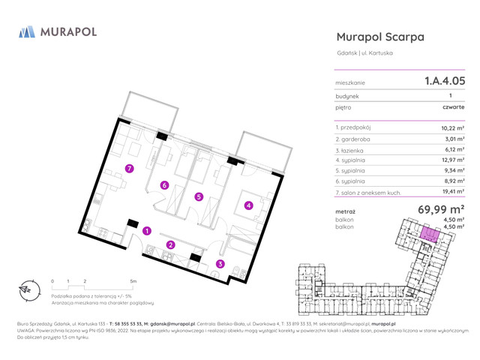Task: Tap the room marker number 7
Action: click(130, 169)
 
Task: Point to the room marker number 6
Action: click(164, 185)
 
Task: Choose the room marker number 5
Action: click(198, 197)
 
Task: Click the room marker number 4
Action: click(248, 205)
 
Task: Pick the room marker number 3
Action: click(220, 263)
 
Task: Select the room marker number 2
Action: click(170, 244)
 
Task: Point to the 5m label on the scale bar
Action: click(133, 281)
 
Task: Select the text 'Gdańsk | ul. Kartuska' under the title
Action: click(365, 53)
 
